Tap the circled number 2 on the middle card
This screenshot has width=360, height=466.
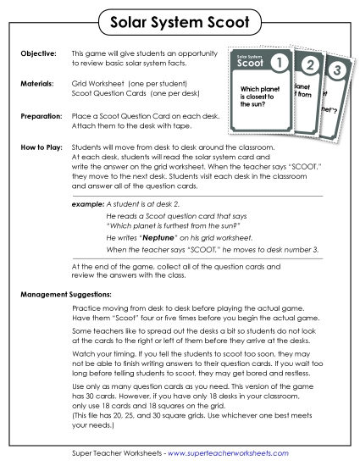(310, 66)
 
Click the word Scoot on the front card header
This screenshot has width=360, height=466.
(252, 64)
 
